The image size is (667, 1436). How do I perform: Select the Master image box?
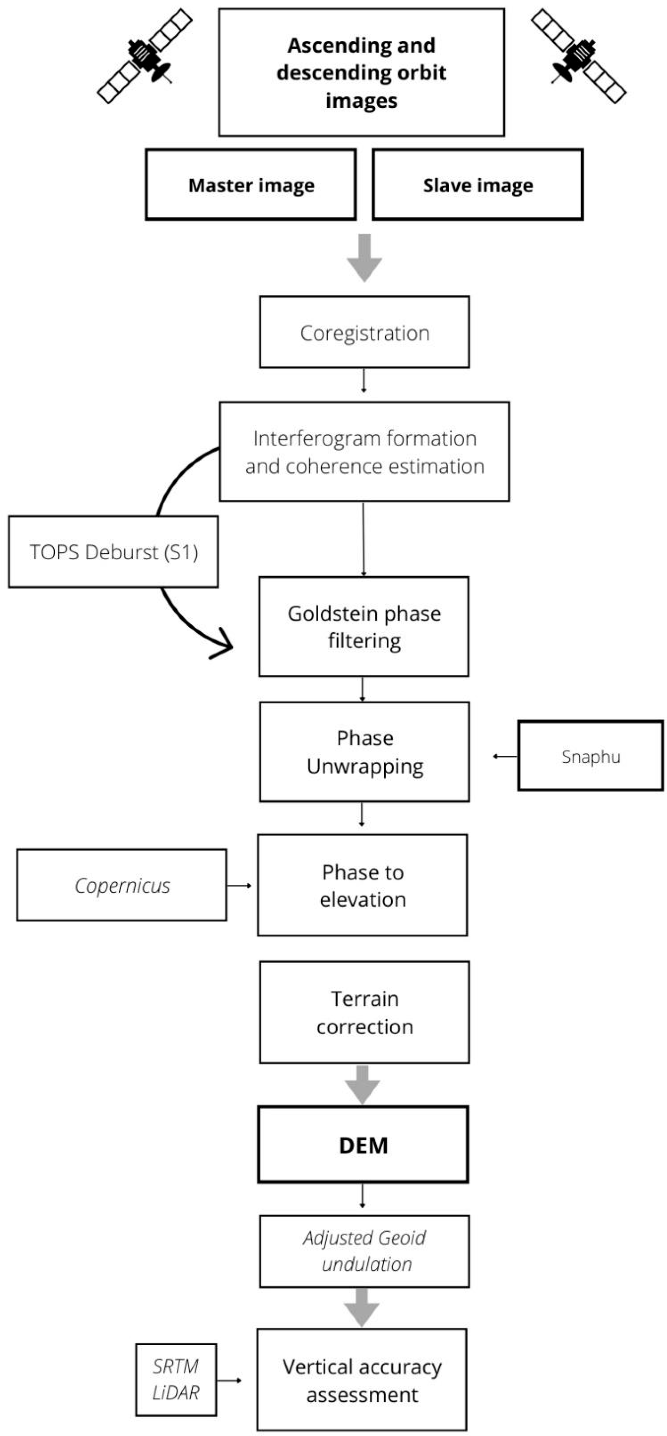coord(251,184)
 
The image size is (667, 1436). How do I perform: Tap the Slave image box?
coord(478,184)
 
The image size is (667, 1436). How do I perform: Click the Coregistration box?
coord(364,332)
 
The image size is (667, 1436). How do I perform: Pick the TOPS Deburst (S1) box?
coord(113,551)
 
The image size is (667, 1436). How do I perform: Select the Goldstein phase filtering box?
coord(363,626)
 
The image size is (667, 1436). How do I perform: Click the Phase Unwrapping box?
coord(364,752)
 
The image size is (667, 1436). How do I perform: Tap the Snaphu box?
coord(591,756)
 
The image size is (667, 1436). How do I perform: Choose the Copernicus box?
coord(122,885)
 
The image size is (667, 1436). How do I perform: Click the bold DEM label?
coord(363,1145)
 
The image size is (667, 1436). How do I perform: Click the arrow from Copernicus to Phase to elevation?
coord(239,885)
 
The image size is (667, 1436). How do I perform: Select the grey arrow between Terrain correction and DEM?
coord(363,1084)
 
